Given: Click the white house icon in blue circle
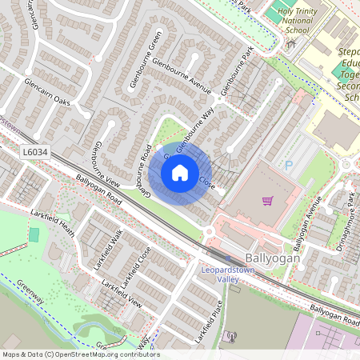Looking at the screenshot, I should coord(180,173).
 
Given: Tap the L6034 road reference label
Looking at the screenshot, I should coord(34,151).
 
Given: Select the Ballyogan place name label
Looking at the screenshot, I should coord(273,260).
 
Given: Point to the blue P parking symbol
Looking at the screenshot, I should coord(289,164).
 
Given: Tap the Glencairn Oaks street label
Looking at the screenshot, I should coord(47,92).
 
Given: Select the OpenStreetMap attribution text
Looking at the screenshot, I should coord(80,354).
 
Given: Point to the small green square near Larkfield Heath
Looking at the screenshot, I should coord(34,235).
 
